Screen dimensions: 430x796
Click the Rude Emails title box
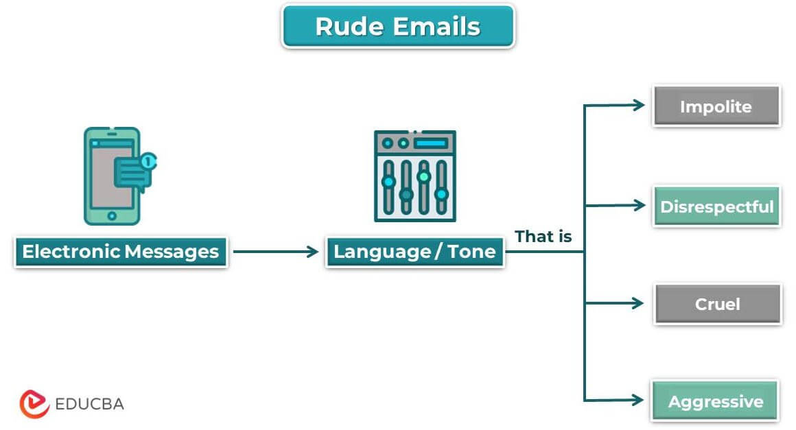coord(397,26)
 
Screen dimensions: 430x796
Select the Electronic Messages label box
coord(121,252)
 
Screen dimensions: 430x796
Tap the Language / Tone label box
coord(414,252)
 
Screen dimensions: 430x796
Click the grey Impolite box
coord(716,106)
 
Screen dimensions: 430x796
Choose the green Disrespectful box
coord(716,206)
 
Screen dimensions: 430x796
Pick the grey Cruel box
coord(717,304)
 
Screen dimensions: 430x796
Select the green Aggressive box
coord(716,401)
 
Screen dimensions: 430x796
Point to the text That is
coord(543,237)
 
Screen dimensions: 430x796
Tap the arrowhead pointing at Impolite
coord(640,105)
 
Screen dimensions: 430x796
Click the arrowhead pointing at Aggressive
coord(640,401)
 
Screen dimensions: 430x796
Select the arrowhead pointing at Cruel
coord(640,302)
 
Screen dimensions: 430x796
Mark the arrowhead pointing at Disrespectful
coord(640,204)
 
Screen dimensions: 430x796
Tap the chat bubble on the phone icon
coord(133,174)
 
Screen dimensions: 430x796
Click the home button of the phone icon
coord(112,215)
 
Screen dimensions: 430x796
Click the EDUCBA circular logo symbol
coord(34,404)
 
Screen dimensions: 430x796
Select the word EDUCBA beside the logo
coord(90,404)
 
